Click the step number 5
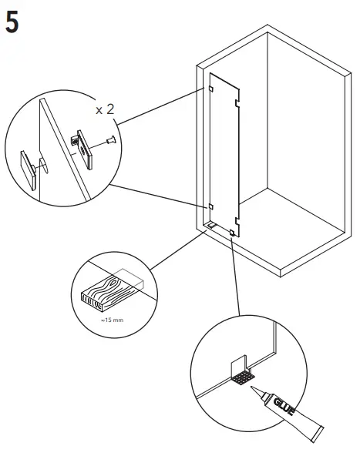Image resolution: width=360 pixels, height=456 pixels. tap(12, 21)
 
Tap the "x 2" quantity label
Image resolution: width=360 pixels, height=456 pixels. tap(106, 109)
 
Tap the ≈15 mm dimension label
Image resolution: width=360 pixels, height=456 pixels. tap(102, 317)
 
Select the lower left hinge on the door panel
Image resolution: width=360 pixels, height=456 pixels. tap(210, 206)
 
